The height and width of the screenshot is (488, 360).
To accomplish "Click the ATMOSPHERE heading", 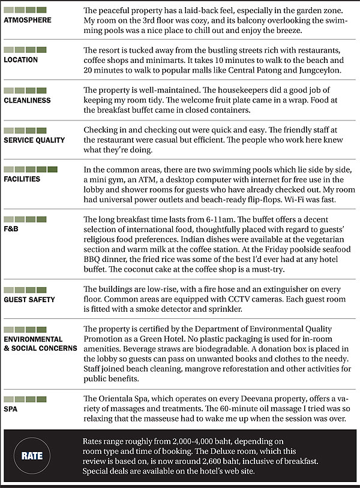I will coord(27,20).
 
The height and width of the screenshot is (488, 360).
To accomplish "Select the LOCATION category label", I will coord(21,59).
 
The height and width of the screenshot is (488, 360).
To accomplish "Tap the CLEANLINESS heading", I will coord(27,100).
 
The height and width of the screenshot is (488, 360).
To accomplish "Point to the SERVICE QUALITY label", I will coord(34,140).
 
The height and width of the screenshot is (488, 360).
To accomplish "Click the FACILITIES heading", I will coord(22,179).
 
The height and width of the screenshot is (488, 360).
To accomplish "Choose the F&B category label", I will coord(11,229).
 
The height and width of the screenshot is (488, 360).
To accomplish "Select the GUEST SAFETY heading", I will coord(29,299).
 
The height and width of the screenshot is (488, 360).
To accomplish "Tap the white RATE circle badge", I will coord(32,456).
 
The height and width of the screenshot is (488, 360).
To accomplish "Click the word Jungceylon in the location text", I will coord(287,70).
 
